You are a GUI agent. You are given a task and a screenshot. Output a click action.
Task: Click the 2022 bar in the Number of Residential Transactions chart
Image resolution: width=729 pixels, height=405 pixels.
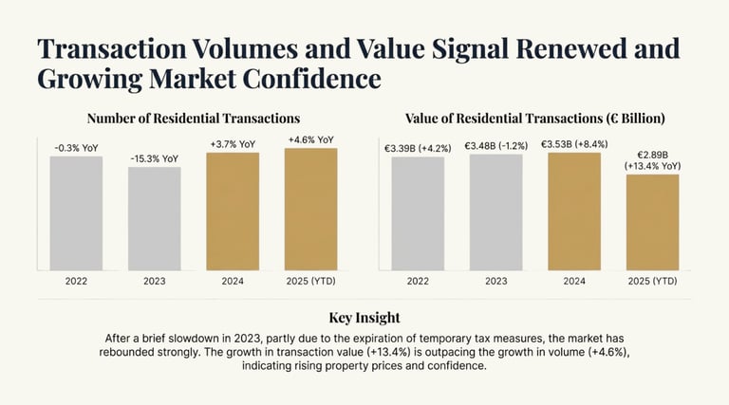76,212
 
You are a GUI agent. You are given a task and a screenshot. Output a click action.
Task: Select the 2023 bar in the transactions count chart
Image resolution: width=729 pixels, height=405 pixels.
155,218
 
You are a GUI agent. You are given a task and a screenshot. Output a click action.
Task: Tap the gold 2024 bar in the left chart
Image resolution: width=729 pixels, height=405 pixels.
233,211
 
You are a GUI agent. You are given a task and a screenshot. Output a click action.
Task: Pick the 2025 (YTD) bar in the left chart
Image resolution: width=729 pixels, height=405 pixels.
310,209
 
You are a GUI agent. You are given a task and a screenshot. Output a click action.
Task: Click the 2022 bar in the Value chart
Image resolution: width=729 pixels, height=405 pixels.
418,212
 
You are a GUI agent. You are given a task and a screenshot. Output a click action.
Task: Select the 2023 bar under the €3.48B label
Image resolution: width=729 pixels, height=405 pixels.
496,212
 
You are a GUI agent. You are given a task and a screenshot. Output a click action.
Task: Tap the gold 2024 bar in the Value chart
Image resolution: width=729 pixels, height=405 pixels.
574,211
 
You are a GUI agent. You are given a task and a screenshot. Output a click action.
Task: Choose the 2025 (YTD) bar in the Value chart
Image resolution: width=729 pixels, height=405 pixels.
652,222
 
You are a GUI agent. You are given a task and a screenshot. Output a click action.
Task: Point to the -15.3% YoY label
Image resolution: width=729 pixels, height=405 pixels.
155,158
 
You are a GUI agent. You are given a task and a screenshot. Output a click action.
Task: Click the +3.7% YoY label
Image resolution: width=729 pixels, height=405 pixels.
233,144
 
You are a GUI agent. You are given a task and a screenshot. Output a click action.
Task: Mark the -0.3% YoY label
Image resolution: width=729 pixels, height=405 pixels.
76,147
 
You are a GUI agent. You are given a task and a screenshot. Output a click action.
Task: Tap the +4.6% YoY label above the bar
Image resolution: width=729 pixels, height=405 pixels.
310,139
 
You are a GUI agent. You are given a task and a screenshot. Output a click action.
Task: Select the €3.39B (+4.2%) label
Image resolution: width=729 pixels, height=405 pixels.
418,147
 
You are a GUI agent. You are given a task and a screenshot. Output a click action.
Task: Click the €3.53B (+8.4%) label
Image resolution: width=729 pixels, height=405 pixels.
574,143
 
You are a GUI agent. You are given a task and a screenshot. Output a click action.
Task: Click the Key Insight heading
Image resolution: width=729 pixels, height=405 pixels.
364,317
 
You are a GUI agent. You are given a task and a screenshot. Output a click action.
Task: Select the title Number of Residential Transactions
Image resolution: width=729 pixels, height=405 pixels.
194,119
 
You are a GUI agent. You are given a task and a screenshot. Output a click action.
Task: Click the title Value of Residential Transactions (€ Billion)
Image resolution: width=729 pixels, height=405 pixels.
534,119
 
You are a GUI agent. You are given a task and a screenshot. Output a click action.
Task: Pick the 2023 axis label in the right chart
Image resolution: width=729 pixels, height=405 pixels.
496,281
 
